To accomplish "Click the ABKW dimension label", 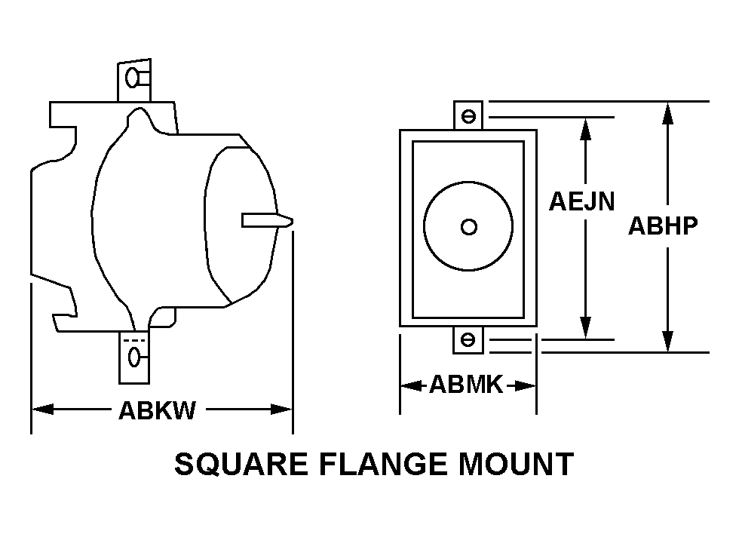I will (157, 410).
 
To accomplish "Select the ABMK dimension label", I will (466, 385).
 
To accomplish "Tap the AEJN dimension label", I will (581, 201).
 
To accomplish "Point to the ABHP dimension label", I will (664, 226).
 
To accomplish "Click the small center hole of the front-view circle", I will (468, 226).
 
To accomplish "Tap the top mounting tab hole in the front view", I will (468, 116).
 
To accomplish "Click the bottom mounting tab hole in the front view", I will (468, 340).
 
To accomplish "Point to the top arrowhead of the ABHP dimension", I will (667, 112).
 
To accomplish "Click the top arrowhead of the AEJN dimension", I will (584, 127).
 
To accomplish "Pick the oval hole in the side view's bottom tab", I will (135, 357).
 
